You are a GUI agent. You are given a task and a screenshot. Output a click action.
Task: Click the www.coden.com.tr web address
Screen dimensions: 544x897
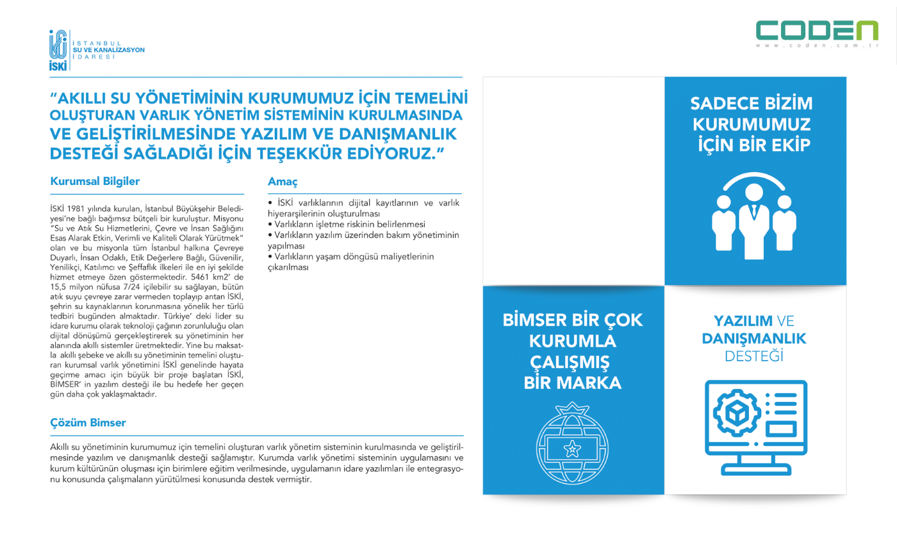(817, 46)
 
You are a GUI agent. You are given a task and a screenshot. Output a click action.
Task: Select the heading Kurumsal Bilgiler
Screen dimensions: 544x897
(95, 181)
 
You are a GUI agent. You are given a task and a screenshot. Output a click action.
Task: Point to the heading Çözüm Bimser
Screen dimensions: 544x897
(88, 423)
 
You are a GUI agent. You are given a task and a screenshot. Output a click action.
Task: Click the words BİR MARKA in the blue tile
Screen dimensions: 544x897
(573, 383)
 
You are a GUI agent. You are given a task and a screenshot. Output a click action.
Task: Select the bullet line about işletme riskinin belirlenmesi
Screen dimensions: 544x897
(347, 224)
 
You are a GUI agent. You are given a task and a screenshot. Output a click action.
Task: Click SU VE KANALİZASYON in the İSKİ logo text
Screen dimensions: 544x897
(109, 49)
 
